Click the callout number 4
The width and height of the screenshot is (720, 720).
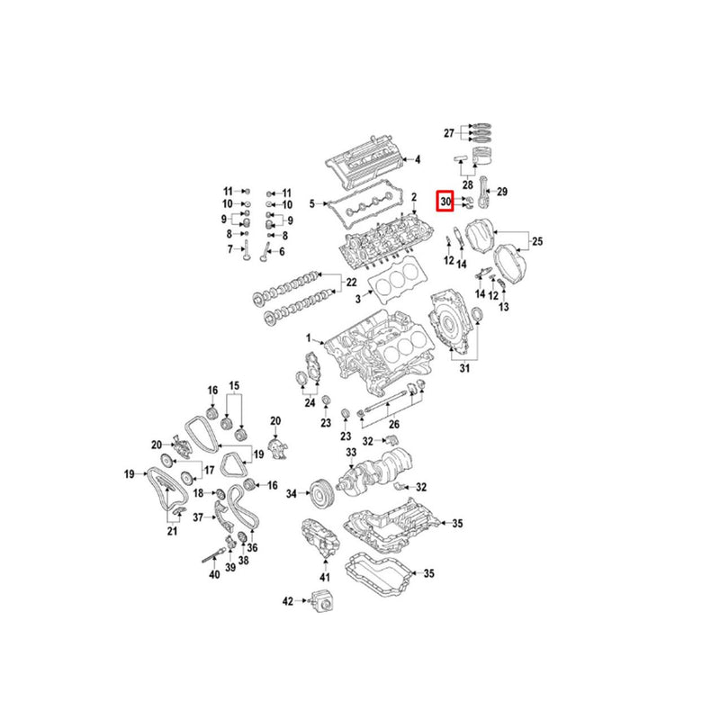[417, 160]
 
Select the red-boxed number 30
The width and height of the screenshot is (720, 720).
[445, 202]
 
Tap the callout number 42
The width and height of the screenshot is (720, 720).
[288, 599]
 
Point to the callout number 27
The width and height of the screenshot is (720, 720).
[450, 133]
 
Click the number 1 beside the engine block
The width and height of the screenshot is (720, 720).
[307, 338]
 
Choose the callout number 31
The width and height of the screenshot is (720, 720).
[464, 369]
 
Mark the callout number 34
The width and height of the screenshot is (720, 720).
[291, 494]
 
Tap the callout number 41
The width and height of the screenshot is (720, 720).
[326, 576]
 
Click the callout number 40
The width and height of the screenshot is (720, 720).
[213, 575]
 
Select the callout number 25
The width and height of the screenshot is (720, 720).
[538, 241]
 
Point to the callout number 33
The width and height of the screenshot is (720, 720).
[352, 451]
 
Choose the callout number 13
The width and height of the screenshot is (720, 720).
[504, 308]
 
